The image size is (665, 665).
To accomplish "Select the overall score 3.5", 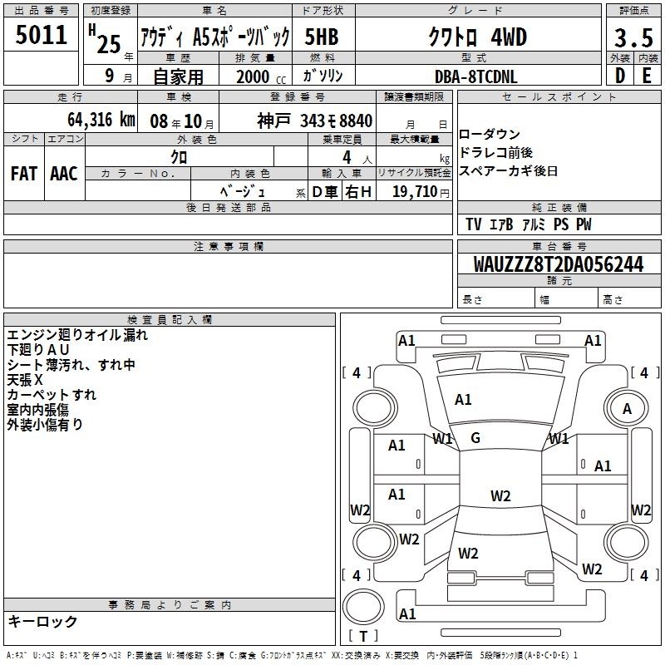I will [633, 38].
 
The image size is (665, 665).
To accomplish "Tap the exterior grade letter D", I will [619, 76].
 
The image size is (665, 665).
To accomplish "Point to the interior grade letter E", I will [646, 76].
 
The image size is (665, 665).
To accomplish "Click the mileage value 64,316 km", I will [92, 121].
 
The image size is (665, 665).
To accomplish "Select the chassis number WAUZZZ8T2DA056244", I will [558, 264].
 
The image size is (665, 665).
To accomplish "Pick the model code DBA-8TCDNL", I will [475, 76].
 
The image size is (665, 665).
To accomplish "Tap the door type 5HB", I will [321, 37].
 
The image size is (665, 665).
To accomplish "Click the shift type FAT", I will [23, 173].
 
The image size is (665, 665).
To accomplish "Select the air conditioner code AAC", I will [64, 173].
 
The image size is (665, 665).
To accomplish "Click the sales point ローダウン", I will [490, 135].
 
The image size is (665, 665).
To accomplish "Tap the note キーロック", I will [42, 622].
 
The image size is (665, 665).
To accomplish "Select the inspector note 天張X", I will [25, 379].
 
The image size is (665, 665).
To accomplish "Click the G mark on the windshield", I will [475, 438].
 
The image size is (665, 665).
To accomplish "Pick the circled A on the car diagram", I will [627, 408].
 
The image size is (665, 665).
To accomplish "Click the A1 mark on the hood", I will [463, 400].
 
